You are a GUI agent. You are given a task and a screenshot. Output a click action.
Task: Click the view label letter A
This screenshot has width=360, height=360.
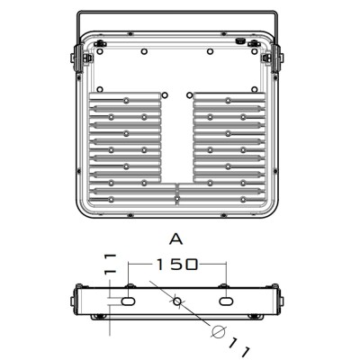click(x=176, y=239)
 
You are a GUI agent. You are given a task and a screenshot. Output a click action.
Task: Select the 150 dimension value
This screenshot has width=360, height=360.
click(x=177, y=265)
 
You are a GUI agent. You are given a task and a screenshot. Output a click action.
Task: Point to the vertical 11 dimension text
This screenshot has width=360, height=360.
click(x=110, y=264)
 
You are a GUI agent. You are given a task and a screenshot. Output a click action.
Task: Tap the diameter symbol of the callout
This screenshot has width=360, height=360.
click(x=219, y=332)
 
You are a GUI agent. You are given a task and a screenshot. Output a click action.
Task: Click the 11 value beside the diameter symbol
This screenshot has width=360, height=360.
click(x=239, y=348)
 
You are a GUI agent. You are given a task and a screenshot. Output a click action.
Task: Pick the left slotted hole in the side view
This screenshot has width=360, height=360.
click(x=129, y=301)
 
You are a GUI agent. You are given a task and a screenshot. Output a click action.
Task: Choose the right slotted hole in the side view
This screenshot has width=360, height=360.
click(x=226, y=301)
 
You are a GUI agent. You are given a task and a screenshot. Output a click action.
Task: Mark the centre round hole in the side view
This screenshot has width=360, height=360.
click(x=177, y=301)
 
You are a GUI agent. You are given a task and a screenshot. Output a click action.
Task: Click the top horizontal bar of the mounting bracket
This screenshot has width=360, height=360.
click(x=177, y=12)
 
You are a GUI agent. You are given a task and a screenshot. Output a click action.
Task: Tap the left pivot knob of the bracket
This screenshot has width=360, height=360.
click(x=73, y=58)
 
